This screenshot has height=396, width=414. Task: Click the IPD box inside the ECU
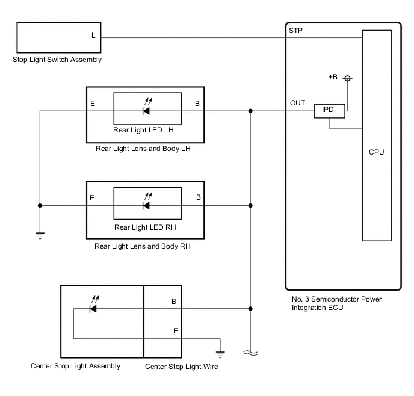click(330, 111)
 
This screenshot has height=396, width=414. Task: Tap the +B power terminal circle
click(347, 78)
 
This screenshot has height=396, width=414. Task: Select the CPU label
click(376, 152)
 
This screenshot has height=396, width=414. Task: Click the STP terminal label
click(295, 31)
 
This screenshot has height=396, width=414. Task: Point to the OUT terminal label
click(297, 103)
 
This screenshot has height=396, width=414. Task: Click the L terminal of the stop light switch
click(93, 36)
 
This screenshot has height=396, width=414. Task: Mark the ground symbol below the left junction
click(40, 235)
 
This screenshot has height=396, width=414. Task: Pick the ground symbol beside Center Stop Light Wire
click(220, 354)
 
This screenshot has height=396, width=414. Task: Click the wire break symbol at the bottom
click(250, 353)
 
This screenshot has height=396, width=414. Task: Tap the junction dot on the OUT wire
click(250, 111)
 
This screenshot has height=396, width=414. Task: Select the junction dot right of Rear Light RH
click(250, 205)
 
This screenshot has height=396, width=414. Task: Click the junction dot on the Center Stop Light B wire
click(250, 309)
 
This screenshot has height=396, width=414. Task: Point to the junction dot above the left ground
click(40, 205)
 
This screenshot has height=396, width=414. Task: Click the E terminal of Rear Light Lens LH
click(93, 104)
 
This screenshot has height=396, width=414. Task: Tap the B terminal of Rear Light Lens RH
click(199, 197)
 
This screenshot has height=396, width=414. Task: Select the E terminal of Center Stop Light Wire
click(176, 331)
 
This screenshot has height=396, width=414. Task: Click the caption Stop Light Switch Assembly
click(57, 60)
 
